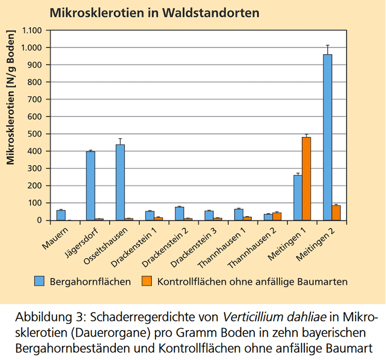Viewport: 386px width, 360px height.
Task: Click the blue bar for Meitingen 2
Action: coord(327,137)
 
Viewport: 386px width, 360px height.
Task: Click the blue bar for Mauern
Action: coord(61,215)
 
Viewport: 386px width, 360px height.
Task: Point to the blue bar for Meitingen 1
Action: coord(298,197)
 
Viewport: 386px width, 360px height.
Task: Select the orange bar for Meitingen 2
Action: coord(336,213)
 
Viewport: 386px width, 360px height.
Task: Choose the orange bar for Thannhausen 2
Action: coord(276,216)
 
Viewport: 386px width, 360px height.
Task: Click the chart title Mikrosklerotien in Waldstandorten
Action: coord(154,13)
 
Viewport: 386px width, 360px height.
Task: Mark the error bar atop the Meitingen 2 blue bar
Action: coord(327,50)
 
